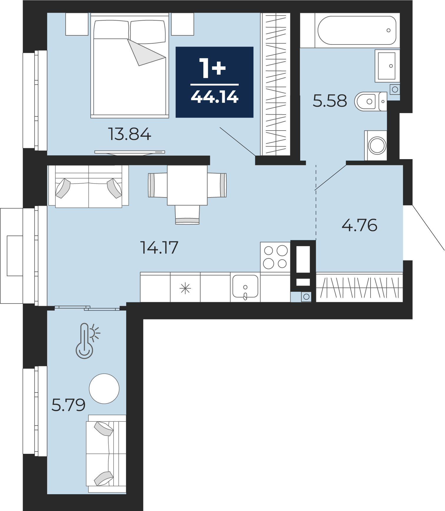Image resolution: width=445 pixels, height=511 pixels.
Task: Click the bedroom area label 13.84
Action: click(129, 134)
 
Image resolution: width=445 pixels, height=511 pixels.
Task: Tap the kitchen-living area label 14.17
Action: click(159, 247)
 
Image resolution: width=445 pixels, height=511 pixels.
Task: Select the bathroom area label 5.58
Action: click(330, 101)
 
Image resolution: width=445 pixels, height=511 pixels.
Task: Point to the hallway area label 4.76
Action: click(359, 225)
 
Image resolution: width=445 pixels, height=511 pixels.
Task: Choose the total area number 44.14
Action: click(215, 96)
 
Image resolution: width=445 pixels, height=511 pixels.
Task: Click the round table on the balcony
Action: click(104, 389)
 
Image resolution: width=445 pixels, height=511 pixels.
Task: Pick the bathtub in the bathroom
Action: click(357, 30)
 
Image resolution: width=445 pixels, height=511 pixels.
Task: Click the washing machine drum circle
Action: click(377, 146)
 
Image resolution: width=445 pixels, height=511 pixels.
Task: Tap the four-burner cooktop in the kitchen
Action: click(275, 257)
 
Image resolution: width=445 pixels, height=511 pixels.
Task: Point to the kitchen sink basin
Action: click(245, 286)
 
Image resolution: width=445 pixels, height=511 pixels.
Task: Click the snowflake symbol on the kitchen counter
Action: click(185, 289)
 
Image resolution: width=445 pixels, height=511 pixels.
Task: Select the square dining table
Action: click(187, 185)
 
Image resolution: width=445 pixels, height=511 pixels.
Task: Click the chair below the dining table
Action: click(187, 215)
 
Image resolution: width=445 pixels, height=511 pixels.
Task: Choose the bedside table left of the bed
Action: click(77, 24)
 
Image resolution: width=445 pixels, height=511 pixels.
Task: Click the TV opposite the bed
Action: click(130, 152)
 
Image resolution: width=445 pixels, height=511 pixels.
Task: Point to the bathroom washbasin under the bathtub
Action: click(387, 66)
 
